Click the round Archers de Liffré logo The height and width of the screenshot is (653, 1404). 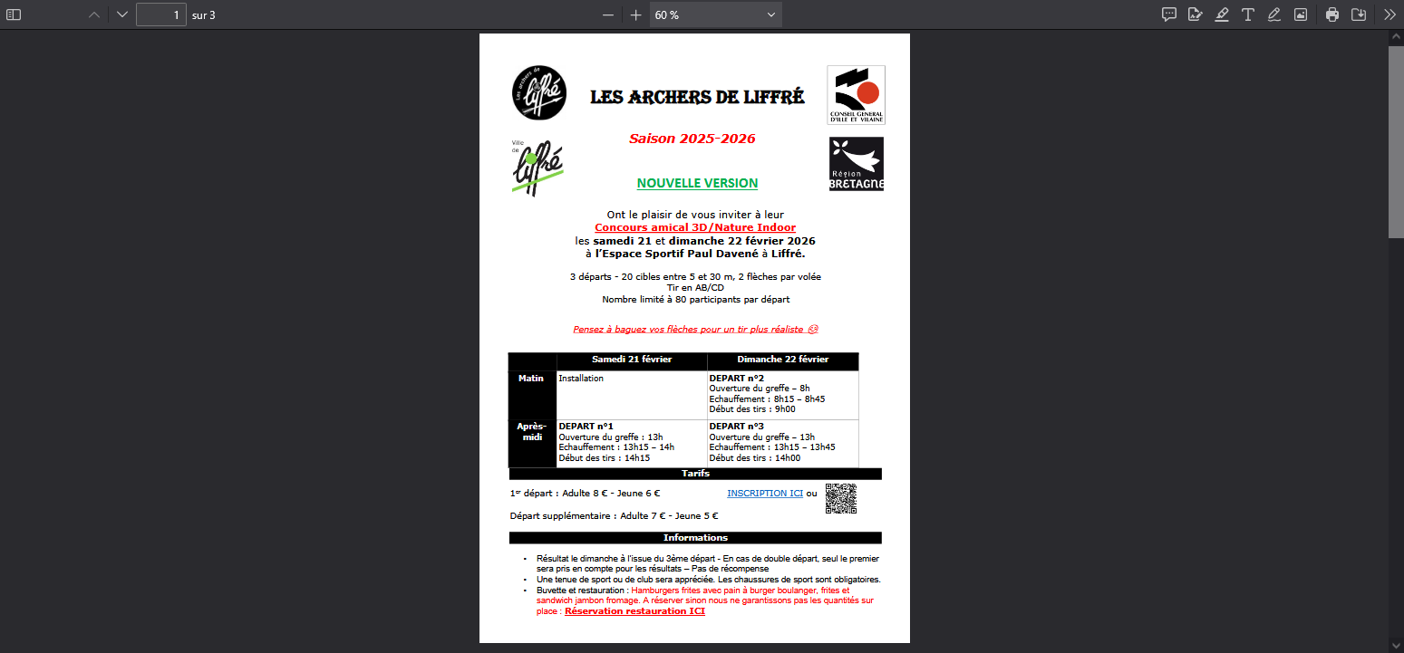(539, 93)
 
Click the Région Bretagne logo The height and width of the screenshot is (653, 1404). (856, 164)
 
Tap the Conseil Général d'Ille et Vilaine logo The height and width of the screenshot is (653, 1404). (856, 94)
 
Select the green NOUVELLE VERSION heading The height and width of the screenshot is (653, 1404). (697, 183)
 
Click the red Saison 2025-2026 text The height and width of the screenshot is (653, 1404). (692, 139)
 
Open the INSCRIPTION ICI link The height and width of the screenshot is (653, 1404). (764, 494)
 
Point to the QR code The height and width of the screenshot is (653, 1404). (840, 498)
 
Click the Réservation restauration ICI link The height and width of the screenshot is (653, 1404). (634, 611)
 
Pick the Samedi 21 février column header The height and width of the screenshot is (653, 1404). (632, 360)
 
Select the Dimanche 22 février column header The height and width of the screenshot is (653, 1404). (782, 360)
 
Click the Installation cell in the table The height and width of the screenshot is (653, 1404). (581, 379)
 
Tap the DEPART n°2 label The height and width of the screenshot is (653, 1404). (736, 379)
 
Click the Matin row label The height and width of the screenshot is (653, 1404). (531, 379)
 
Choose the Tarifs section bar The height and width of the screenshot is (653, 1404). (695, 474)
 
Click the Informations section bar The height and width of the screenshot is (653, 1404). (695, 538)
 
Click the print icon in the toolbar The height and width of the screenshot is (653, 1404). (1331, 14)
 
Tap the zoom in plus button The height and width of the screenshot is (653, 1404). (635, 14)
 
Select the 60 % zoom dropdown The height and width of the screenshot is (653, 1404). (715, 14)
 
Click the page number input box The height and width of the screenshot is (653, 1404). (161, 14)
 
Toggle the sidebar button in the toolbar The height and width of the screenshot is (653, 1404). (14, 14)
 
